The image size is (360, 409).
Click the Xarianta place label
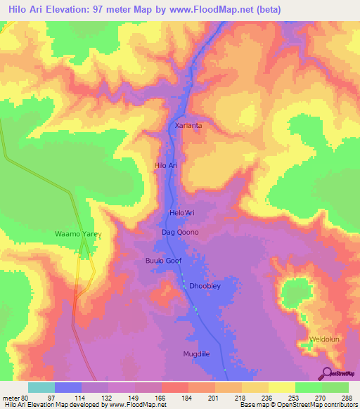click(188, 125)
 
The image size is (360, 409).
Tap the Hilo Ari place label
click(169, 165)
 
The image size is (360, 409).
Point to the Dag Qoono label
click(180, 232)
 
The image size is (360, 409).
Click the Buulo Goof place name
click(164, 260)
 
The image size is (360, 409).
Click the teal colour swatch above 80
click(41, 387)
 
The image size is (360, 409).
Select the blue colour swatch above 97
click(68, 387)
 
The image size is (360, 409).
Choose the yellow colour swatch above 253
click(281, 387)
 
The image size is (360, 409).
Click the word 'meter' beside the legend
click(11, 397)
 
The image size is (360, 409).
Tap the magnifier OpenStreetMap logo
click(328, 373)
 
